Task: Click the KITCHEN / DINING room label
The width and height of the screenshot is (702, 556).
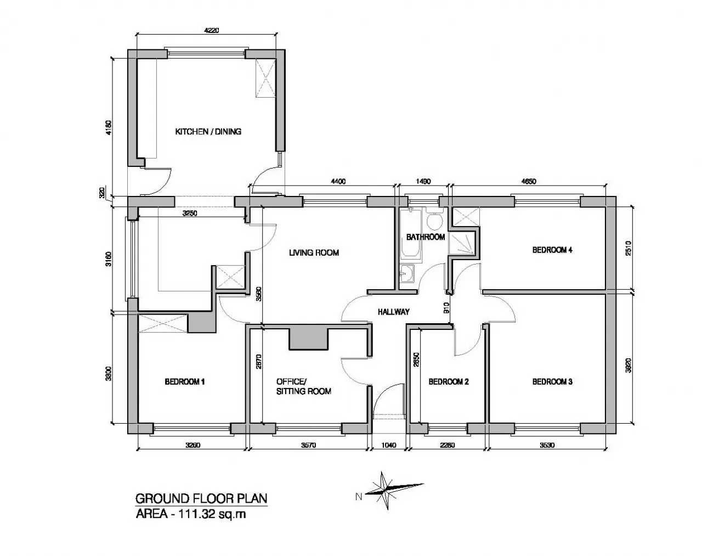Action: click(208, 132)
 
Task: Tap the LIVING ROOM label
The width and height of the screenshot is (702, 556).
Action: click(314, 252)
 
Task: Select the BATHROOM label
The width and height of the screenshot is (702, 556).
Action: click(426, 237)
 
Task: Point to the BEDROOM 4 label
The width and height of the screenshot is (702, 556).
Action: click(552, 250)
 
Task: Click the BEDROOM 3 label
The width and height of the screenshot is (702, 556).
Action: click(552, 381)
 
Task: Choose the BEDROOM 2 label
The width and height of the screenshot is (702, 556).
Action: click(449, 381)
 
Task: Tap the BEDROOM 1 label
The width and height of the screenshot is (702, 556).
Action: click(185, 381)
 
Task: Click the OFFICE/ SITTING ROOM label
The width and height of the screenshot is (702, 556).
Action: click(304, 386)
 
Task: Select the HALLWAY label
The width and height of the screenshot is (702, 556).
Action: click(393, 312)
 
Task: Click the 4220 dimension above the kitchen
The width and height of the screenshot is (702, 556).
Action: click(211, 31)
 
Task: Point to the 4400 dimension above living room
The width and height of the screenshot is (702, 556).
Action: click(338, 182)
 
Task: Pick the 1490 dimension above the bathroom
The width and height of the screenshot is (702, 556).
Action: click(423, 182)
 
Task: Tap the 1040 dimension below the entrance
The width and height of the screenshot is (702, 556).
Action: click(388, 445)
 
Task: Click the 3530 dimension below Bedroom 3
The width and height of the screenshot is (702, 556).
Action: click(547, 445)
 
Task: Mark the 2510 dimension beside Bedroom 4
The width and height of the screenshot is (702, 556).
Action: click(629, 248)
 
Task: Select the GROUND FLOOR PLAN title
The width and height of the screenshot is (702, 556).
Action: click(201, 498)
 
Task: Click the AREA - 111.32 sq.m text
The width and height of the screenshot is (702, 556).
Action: click(190, 514)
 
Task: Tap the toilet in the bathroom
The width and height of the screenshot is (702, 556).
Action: click(434, 218)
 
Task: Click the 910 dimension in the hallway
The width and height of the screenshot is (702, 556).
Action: click(446, 308)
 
